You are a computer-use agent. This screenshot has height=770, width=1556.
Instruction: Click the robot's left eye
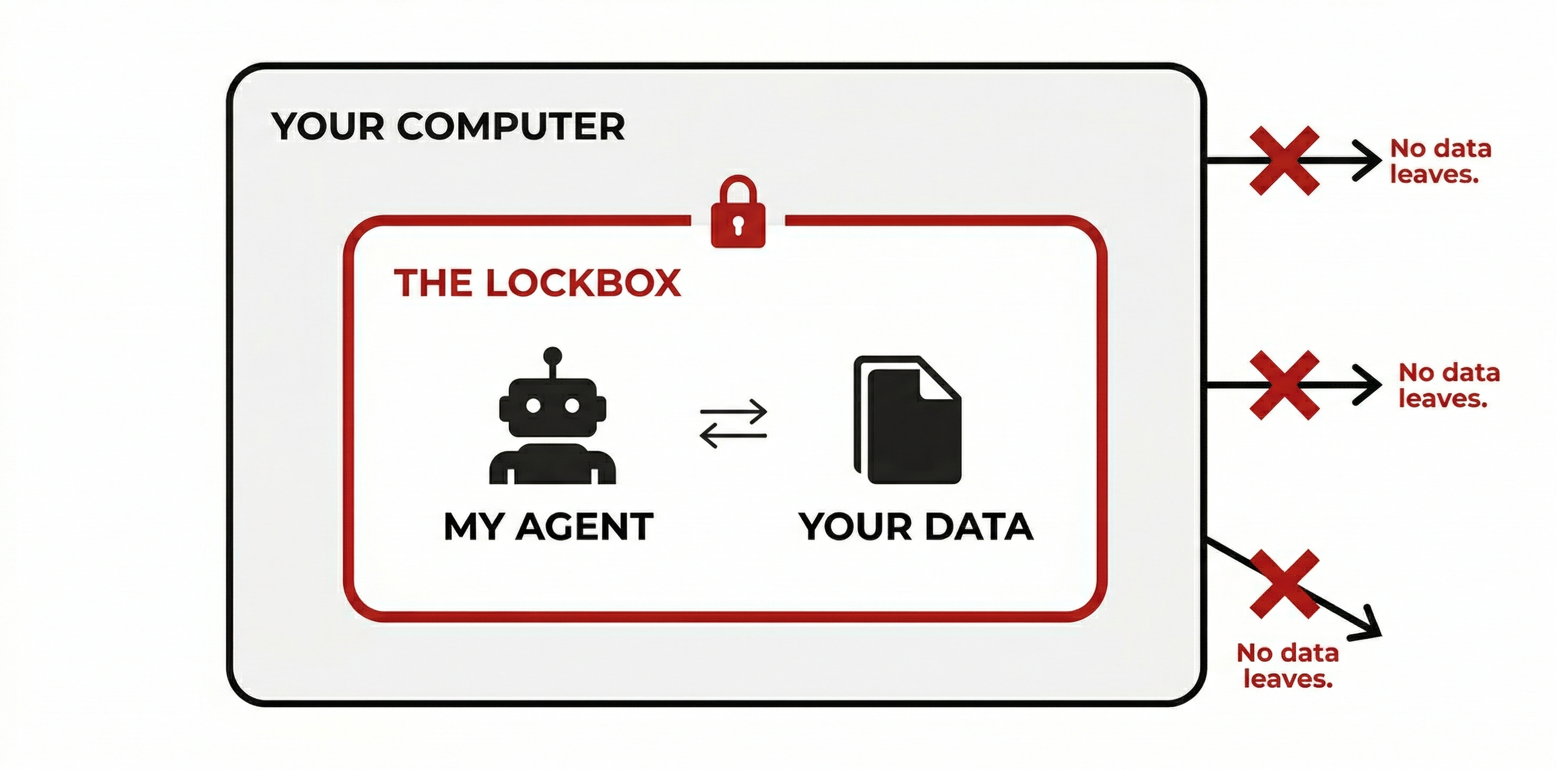pyautogui.click(x=533, y=405)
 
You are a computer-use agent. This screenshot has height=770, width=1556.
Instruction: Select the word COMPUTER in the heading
pyautogui.click(x=510, y=126)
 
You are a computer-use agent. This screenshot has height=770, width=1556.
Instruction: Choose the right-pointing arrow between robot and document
pyautogui.click(x=733, y=412)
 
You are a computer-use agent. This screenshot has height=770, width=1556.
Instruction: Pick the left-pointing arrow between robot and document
pyautogui.click(x=733, y=435)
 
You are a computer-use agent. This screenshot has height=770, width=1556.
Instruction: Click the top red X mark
pyautogui.click(x=1284, y=160)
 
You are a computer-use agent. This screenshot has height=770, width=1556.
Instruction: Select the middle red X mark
pyautogui.click(x=1284, y=385)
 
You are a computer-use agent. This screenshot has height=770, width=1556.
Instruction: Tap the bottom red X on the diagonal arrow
pyautogui.click(x=1284, y=584)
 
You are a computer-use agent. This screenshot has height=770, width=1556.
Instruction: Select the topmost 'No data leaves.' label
pyautogui.click(x=1441, y=161)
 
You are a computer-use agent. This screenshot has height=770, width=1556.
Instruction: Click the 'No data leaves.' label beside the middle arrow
pyautogui.click(x=1449, y=386)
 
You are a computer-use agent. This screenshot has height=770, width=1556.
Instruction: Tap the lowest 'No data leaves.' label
pyautogui.click(x=1288, y=665)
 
